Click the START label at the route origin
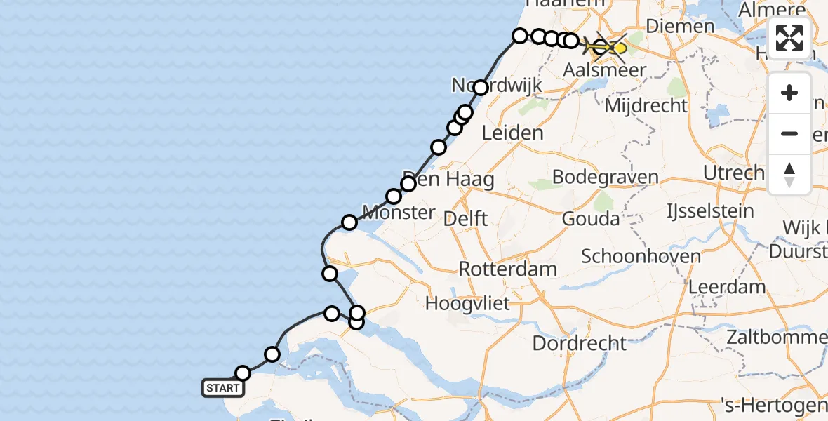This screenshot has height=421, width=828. [x=222, y=387]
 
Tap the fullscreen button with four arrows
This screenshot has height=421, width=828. [x=789, y=39]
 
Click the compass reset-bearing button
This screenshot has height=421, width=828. [x=789, y=175]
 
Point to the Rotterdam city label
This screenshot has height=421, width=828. [x=508, y=269]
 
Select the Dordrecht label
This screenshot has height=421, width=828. [x=579, y=343]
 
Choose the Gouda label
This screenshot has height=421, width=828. [x=591, y=219]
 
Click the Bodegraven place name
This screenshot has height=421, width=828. [x=605, y=176]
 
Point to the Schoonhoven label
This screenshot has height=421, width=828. [x=641, y=256]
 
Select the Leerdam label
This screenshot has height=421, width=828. [x=727, y=286]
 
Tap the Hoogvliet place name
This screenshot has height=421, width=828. [x=467, y=304]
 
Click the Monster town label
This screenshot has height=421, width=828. [x=398, y=212]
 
